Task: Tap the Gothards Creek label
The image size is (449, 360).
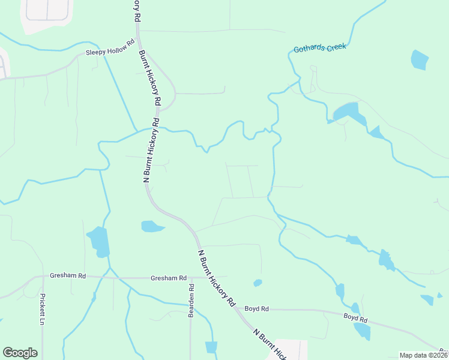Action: [319, 47]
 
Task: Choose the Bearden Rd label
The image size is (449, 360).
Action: [191, 296]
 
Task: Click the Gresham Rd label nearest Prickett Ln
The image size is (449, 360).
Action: [68, 275]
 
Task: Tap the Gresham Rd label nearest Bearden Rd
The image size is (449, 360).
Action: [169, 278]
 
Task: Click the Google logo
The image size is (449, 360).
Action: [20, 353]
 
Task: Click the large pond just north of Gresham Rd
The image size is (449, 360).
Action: [99, 241]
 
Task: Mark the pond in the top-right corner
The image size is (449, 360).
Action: [420, 60]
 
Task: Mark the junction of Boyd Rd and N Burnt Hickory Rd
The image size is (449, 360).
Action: [237, 308]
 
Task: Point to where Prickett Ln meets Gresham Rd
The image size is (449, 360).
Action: [43, 277]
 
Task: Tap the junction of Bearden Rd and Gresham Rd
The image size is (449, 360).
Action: [191, 278]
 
